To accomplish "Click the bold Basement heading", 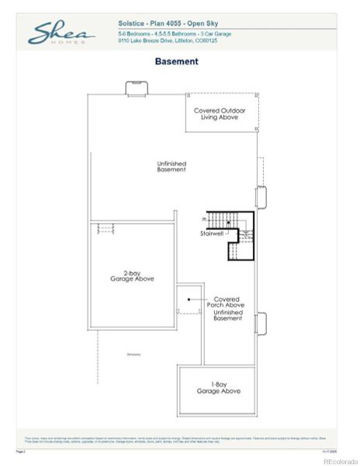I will pyautogui.click(x=176, y=61).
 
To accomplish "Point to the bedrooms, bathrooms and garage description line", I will pyautogui.click(x=170, y=33).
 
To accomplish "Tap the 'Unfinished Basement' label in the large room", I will pyautogui.click(x=171, y=166).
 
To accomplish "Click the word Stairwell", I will pyautogui.click(x=211, y=233).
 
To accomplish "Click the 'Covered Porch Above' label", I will pyautogui.click(x=227, y=302).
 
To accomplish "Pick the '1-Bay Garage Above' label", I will pyautogui.click(x=220, y=388).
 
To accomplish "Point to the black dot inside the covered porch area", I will pyautogui.click(x=189, y=298).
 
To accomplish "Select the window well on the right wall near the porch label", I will pyautogui.click(x=260, y=322).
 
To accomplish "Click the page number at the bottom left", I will pyautogui.click(x=21, y=450).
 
